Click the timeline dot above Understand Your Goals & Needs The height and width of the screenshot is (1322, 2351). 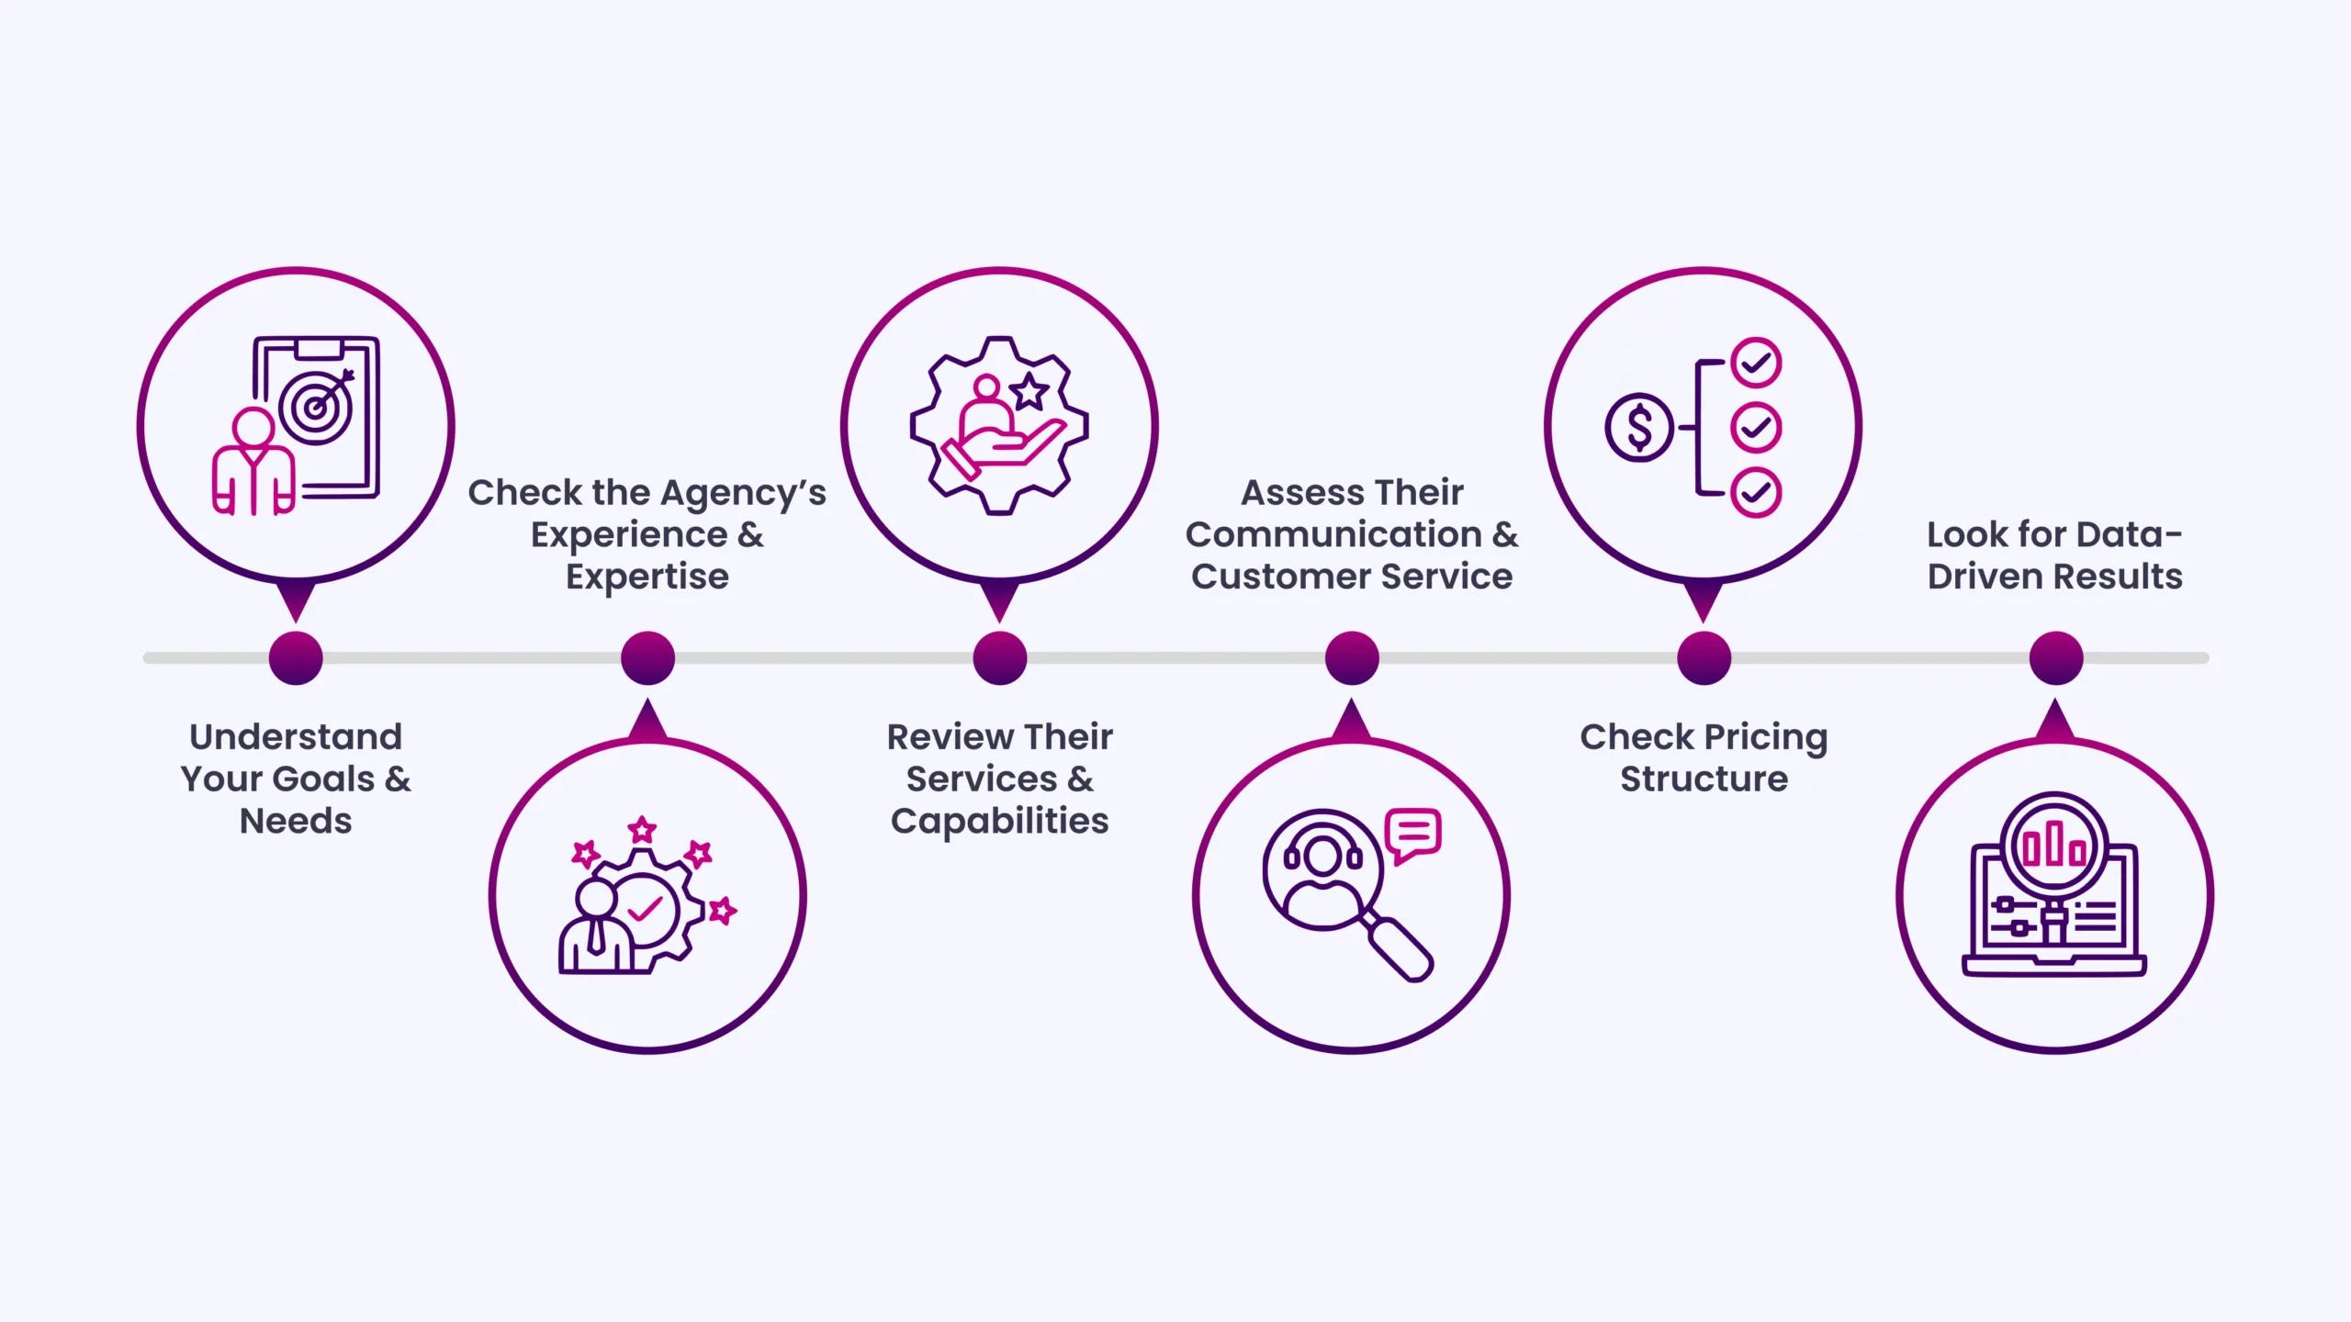tap(296, 658)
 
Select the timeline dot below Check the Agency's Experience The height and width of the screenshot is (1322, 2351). tap(647, 658)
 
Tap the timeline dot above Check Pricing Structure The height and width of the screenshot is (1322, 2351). tap(1704, 658)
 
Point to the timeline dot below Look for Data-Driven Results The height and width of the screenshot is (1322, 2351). tap(2056, 658)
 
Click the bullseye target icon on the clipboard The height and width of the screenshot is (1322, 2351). tap(316, 405)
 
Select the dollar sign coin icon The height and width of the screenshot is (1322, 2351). tap(1639, 428)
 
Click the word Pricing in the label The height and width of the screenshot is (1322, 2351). tap(1765, 737)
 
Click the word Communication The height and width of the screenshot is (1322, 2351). tap(1333, 534)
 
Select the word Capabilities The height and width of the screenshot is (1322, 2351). tap(1000, 821)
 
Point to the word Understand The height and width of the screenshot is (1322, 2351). tap(296, 736)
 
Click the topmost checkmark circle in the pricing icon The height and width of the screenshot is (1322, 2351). tap(1756, 363)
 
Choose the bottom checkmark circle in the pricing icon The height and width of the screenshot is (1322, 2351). tap(1756, 493)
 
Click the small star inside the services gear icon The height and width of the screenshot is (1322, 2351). tap(1029, 392)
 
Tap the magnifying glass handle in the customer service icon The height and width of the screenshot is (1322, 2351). tap(1399, 947)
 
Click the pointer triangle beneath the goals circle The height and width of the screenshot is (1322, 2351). tap(296, 600)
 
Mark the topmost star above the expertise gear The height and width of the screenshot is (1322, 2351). tap(643, 830)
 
